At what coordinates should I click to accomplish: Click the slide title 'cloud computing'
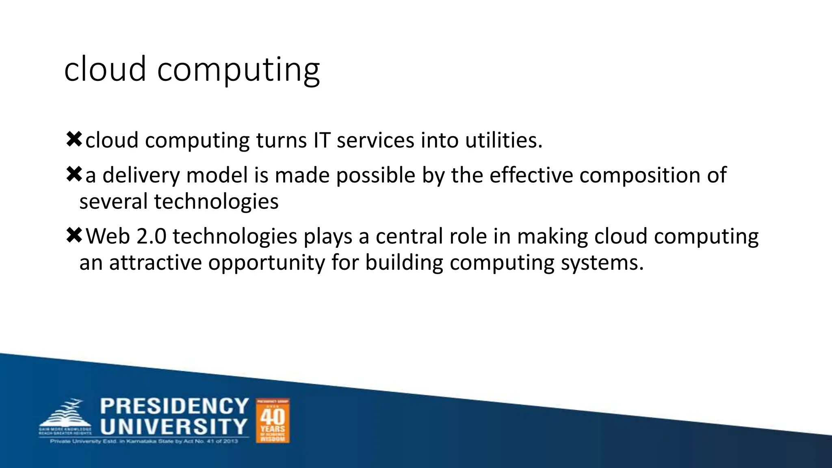[192, 69]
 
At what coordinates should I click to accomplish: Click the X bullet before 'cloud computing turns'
[74, 139]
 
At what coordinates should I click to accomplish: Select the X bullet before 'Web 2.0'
[74, 235]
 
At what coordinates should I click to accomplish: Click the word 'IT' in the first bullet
[322, 140]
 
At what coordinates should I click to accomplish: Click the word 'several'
[113, 201]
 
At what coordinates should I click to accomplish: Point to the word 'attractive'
[156, 262]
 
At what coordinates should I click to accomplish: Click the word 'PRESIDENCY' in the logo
[174, 406]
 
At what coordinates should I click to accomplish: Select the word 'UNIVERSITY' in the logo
[174, 427]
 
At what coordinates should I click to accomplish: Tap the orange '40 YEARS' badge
[273, 420]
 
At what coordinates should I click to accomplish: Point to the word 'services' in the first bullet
[375, 140]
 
